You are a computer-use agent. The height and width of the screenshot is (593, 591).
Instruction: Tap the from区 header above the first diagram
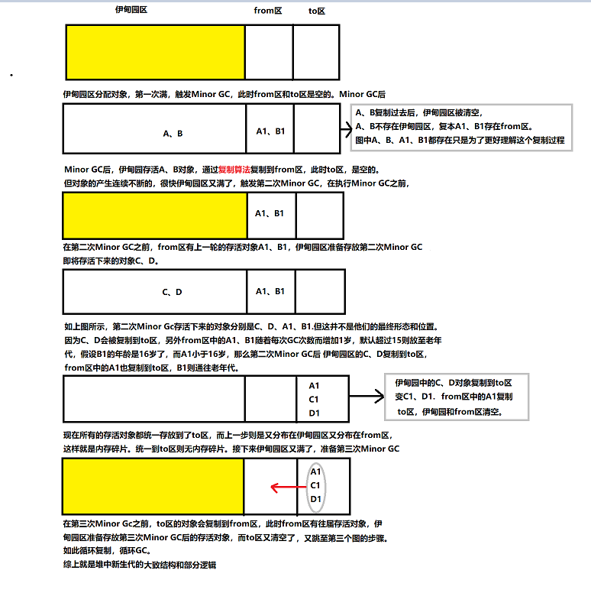pyautogui.click(x=267, y=11)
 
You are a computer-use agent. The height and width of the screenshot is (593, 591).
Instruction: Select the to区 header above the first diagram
pyautogui.click(x=317, y=11)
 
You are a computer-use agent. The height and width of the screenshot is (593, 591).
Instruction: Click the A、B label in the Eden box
pyautogui.click(x=173, y=133)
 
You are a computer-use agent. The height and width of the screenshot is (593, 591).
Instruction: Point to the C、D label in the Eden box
pyautogui.click(x=172, y=292)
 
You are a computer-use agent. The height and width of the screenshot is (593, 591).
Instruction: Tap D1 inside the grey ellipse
pyautogui.click(x=315, y=499)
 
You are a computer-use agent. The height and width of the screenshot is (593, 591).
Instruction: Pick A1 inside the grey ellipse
pyautogui.click(x=315, y=471)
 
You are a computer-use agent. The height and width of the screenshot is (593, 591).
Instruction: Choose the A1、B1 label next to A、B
pyautogui.click(x=270, y=131)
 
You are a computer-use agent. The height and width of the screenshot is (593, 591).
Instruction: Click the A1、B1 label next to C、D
pyautogui.click(x=270, y=291)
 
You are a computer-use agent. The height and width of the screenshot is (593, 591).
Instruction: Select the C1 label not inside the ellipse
pyautogui.click(x=315, y=399)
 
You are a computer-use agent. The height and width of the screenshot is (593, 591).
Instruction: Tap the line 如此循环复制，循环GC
pyautogui.click(x=106, y=550)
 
